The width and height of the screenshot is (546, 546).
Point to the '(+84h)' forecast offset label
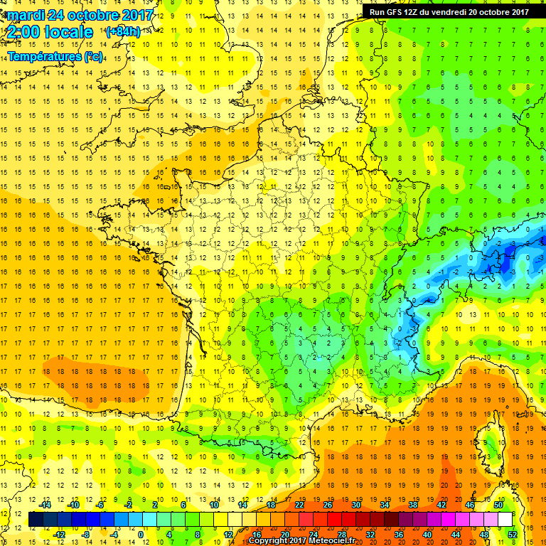(x=122, y=32)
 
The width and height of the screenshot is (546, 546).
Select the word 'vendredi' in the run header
(x=451, y=11)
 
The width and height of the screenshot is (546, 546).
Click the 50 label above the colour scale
(x=498, y=505)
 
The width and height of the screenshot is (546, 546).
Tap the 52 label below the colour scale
(x=513, y=534)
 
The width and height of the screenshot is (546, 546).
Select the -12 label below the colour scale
(x=59, y=534)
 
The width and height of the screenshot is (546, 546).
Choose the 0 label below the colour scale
(x=141, y=534)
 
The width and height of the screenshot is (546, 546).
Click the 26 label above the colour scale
(x=328, y=505)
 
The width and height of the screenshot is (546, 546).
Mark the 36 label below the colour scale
(x=399, y=534)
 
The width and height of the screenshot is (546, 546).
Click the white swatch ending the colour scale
(x=505, y=520)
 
